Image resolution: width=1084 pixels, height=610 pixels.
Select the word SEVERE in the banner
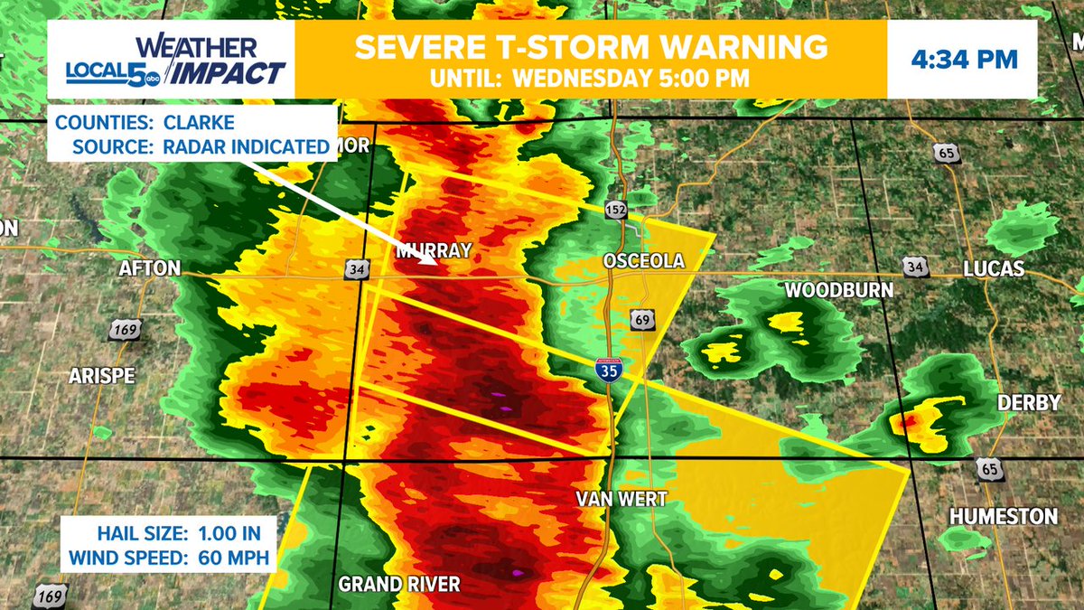(421, 46)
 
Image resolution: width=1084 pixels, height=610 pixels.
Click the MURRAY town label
(434, 251)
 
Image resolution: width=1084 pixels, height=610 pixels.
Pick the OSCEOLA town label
(644, 261)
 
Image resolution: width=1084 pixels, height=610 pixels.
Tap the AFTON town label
(150, 268)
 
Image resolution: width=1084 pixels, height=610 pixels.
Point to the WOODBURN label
(838, 290)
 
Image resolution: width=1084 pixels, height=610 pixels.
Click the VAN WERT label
(621, 499)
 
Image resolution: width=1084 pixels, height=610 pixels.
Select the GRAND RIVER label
(399, 585)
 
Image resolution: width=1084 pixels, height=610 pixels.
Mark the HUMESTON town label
(1003, 516)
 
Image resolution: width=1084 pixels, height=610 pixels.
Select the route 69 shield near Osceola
(642, 320)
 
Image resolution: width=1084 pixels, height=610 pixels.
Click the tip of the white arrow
(437, 266)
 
